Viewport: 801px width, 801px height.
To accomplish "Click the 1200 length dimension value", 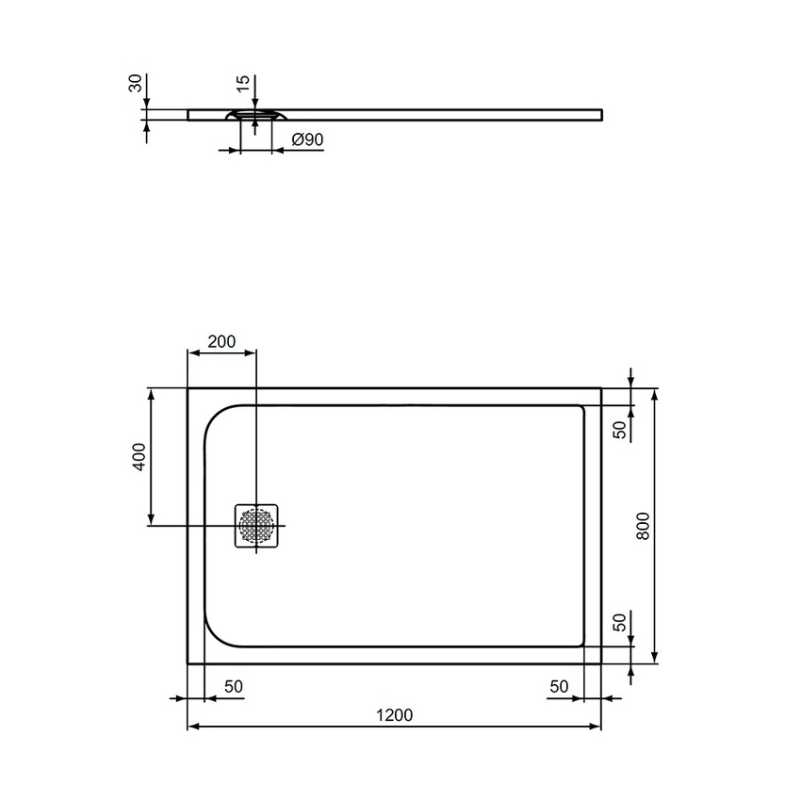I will coord(394,715).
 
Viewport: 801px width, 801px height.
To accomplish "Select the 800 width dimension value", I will coord(644,525).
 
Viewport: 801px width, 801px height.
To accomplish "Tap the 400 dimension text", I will coord(138,457).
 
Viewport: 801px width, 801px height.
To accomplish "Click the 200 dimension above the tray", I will coord(221,341).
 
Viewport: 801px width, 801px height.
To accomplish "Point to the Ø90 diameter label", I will coord(308,139).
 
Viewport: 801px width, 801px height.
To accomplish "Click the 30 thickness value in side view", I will coord(136,85).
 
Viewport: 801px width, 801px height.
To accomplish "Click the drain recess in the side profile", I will coord(255,116).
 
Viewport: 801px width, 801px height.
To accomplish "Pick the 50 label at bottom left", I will coord(234,687).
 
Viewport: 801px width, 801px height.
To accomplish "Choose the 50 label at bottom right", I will coord(559,687).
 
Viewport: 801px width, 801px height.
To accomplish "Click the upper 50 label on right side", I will coord(619,429).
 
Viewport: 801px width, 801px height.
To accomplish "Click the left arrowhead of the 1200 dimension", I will coord(192,727).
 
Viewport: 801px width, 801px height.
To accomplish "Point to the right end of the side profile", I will coord(599,115).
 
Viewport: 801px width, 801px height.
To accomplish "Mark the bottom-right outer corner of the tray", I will coord(601,663).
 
